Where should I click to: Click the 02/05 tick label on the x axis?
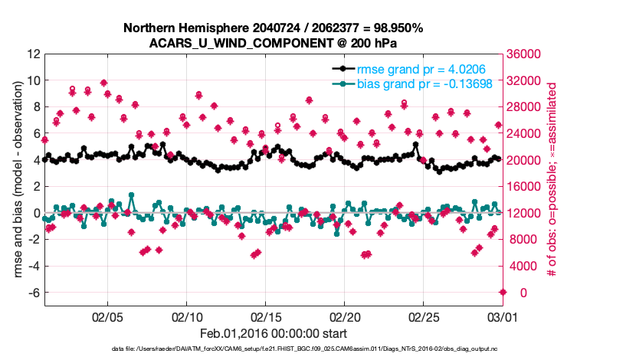tap(107, 316)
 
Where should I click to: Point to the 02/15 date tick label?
tap(265, 316)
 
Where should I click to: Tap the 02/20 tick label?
tap(344, 316)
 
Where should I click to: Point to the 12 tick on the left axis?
tap(33, 54)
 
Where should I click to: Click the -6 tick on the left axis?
tap(33, 293)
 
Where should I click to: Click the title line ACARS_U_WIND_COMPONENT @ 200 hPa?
tap(274, 42)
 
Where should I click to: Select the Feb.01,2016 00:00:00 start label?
tap(274, 333)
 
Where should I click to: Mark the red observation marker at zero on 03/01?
tap(503, 293)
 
